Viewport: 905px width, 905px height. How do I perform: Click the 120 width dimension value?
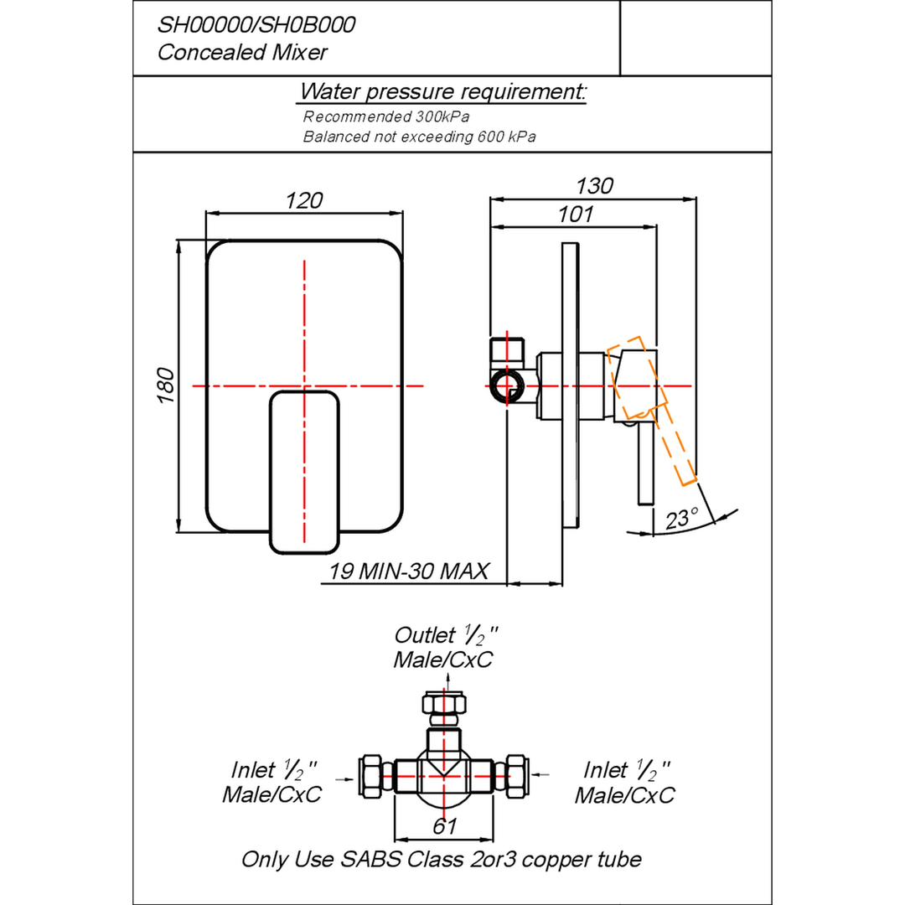click(303, 200)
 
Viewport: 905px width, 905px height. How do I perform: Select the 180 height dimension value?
click(166, 385)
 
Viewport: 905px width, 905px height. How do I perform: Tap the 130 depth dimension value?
click(594, 186)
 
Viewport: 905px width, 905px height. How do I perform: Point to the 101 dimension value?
click(576, 215)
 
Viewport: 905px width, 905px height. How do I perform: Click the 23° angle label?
click(681, 519)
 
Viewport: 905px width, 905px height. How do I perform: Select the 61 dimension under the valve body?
click(444, 826)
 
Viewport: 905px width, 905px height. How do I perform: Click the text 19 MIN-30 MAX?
click(409, 571)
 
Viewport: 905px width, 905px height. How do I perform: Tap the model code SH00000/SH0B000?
click(256, 25)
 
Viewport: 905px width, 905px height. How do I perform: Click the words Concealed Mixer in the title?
click(242, 53)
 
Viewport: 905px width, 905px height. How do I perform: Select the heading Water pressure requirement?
click(442, 91)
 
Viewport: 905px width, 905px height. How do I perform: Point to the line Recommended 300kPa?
click(386, 116)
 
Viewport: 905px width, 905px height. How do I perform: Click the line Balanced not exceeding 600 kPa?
click(419, 137)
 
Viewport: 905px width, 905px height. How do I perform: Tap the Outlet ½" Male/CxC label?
click(444, 647)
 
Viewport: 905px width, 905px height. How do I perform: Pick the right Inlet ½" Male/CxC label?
click(624, 782)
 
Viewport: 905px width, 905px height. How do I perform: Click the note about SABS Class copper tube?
click(442, 860)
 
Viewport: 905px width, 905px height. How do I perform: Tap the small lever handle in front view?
click(304, 472)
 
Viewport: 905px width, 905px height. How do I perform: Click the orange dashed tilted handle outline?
click(652, 411)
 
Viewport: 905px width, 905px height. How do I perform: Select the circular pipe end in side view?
click(506, 387)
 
